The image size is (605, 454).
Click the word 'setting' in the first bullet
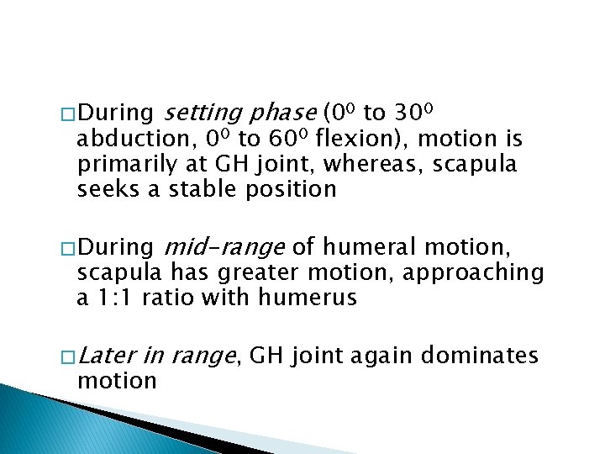pos(194,113)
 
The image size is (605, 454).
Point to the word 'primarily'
pos(128,164)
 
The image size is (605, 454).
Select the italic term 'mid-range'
pos(224,248)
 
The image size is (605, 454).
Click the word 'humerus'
pos(311,298)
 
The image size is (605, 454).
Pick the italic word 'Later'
pos(107,356)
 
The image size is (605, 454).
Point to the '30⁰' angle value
pos(413,113)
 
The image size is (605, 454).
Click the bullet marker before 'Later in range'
pos(66,357)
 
